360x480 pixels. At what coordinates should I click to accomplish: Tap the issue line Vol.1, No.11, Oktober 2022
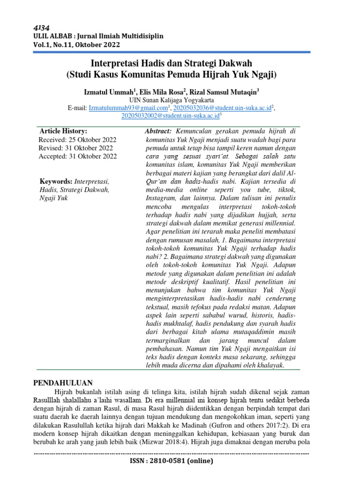point(76,45)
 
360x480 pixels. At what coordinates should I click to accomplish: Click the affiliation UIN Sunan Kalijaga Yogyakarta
point(172,100)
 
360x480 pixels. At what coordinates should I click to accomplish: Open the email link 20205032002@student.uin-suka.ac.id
point(170,116)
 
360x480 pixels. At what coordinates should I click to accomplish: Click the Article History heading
point(63,131)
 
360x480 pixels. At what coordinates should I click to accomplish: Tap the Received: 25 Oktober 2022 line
point(77,140)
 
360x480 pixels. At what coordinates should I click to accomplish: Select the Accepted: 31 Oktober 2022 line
point(78,157)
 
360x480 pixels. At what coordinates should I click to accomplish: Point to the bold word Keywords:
point(54,181)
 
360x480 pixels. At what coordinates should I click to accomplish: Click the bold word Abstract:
point(158,131)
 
